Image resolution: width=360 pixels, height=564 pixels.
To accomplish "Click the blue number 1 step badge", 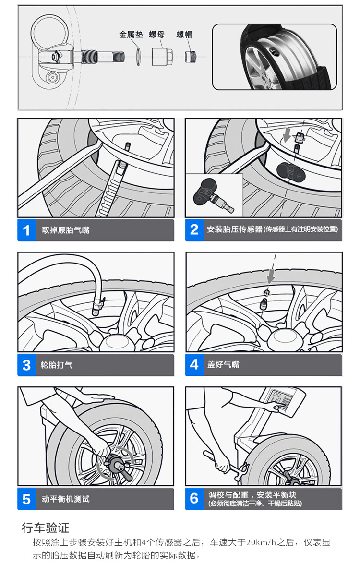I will pos(26,230).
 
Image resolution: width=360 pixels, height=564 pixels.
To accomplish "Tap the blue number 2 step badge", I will pos(194,229).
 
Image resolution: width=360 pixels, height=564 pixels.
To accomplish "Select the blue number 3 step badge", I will pos(26,365).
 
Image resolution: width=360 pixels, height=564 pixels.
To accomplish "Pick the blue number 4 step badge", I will pos(194,365).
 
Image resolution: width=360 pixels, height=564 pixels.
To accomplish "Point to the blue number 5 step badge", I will pos(26,499).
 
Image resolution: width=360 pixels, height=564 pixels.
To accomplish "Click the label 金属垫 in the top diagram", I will pos(131,35).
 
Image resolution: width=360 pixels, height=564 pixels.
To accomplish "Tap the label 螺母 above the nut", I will pos(156,35).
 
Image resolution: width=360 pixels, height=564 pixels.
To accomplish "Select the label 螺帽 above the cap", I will pos(184,35).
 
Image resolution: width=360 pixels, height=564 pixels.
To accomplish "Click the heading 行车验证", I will pos(46,528).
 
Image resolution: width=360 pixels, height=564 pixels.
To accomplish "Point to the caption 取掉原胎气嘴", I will pos(66,230).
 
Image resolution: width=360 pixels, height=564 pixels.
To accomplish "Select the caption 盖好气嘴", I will pos(223,365).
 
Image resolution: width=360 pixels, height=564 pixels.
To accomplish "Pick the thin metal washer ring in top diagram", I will pos(138,56).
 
